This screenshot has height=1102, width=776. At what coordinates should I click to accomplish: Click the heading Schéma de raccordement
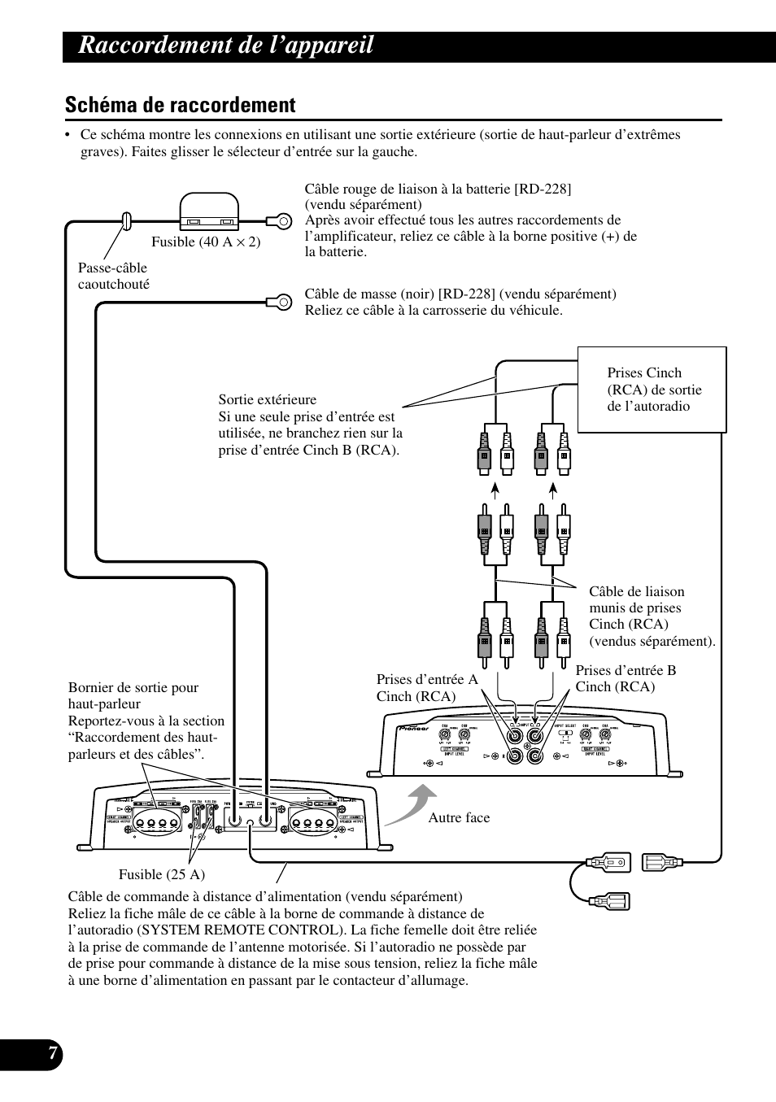[x=180, y=105]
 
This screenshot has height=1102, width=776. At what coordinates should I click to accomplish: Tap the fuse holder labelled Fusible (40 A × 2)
[x=209, y=213]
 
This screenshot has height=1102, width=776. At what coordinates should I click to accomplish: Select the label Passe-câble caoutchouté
[x=113, y=276]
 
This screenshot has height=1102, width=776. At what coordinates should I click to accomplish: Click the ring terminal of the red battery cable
[x=281, y=220]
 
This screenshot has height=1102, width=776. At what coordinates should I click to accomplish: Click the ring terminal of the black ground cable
[x=281, y=302]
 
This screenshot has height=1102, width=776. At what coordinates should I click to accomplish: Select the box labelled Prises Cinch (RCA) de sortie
[x=652, y=390]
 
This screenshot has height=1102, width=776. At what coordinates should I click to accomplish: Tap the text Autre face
[x=459, y=817]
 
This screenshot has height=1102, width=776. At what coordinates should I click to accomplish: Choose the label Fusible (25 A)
[x=162, y=874]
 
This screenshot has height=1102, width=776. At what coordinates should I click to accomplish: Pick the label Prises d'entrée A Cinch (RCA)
[x=427, y=687]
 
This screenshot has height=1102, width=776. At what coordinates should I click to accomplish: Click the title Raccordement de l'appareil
[x=226, y=46]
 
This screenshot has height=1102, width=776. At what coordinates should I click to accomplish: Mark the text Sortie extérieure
[x=268, y=399]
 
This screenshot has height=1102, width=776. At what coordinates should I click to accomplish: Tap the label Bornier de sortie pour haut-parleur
[x=133, y=695]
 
